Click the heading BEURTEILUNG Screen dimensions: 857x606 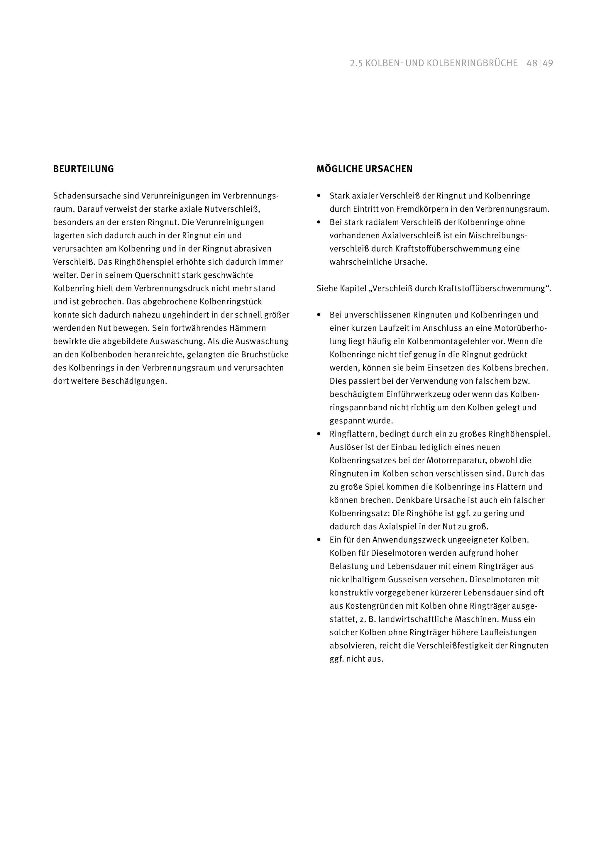pos(83,169)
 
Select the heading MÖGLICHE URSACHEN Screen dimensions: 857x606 pos(364,169)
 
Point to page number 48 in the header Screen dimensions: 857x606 pos(532,63)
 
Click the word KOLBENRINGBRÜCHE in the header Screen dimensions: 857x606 pos(472,63)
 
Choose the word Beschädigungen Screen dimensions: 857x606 pos(134,381)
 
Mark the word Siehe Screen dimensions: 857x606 pos(326,289)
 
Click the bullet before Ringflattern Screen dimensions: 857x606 pos(319,434)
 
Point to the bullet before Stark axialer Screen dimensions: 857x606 pos(319,196)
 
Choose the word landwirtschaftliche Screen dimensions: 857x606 pos(415,619)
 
